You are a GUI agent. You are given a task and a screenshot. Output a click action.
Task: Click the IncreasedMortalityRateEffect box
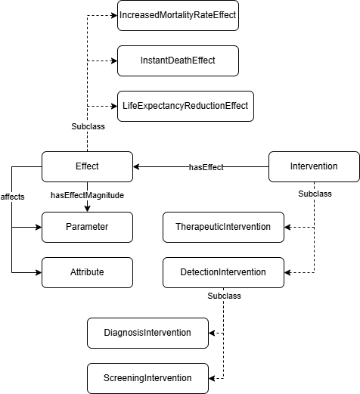pyautogui.click(x=178, y=16)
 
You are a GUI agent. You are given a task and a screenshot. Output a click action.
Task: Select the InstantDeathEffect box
pyautogui.click(x=178, y=60)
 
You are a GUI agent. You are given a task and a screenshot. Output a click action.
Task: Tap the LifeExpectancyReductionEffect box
pyautogui.click(x=185, y=106)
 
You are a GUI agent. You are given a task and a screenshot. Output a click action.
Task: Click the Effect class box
pyautogui.click(x=87, y=166)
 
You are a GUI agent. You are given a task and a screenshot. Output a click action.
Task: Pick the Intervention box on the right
pyautogui.click(x=314, y=166)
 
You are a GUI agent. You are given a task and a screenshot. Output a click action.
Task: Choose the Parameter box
pyautogui.click(x=87, y=227)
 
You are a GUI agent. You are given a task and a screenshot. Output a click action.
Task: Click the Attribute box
pyautogui.click(x=87, y=272)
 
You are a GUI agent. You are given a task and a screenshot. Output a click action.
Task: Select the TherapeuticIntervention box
pyautogui.click(x=223, y=227)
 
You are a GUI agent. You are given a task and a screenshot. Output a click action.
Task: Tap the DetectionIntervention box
pyautogui.click(x=223, y=272)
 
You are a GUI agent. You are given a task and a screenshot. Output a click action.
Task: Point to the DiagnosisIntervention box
pyautogui.click(x=147, y=333)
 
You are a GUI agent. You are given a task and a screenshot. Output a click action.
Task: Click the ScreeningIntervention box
pyautogui.click(x=147, y=378)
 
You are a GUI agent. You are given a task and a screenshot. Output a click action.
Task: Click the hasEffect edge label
pyautogui.click(x=206, y=167)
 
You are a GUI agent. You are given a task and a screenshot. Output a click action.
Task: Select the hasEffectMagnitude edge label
pyautogui.click(x=87, y=195)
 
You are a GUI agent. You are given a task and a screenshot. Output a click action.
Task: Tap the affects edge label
pyautogui.click(x=12, y=197)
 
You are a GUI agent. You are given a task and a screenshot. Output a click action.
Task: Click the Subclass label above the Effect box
pyautogui.click(x=88, y=126)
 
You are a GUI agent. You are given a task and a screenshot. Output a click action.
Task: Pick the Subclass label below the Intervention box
pyautogui.click(x=315, y=194)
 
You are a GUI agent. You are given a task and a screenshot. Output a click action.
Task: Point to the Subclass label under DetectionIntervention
pyautogui.click(x=224, y=296)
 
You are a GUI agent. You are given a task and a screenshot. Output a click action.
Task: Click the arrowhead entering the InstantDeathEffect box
pyautogui.click(x=114, y=60)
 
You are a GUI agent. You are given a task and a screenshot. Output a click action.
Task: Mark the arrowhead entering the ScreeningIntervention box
pyautogui.click(x=212, y=378)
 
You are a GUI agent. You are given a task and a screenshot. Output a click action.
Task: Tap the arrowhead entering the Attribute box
pyautogui.click(x=39, y=272)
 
